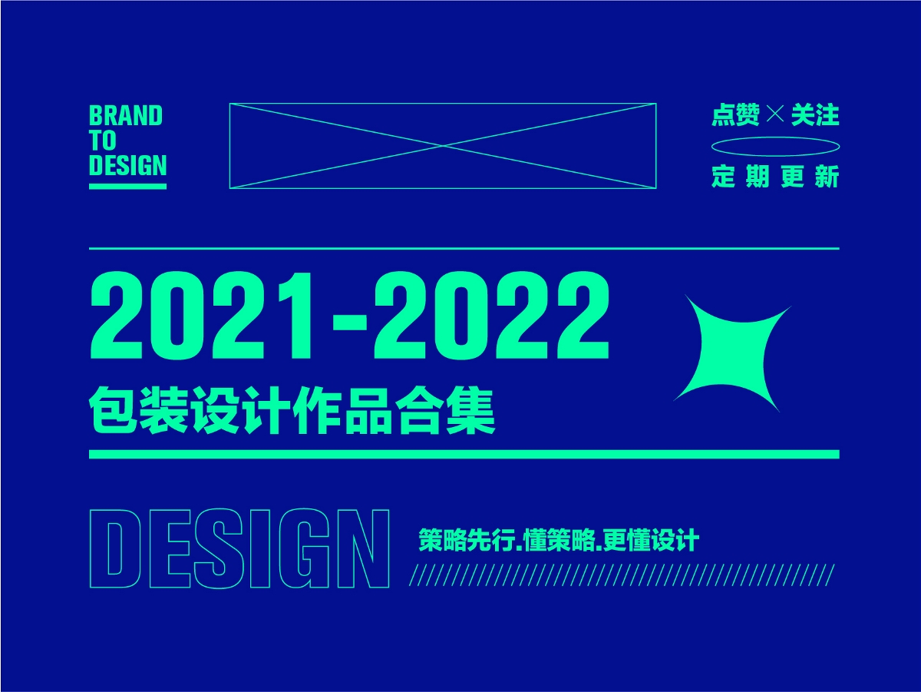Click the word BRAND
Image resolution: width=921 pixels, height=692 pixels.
[x=126, y=116]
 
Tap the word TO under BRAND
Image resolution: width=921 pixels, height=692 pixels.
[x=102, y=141]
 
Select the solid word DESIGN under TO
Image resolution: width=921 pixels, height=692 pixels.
[x=127, y=166]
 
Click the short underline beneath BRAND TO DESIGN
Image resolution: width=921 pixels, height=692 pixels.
[x=127, y=185]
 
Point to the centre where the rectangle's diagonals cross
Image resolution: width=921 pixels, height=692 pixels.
[x=443, y=145]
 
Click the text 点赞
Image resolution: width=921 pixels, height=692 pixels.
[x=735, y=115]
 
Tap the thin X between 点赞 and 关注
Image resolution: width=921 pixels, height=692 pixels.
[x=775, y=115]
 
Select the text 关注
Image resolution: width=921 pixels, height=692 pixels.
[x=815, y=115]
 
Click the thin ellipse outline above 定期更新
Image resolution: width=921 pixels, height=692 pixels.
[x=775, y=147]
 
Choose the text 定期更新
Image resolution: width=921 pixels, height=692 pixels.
[x=775, y=177]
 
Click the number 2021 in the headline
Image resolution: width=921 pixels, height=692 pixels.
[x=200, y=316]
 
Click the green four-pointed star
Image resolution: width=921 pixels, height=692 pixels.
[x=731, y=352]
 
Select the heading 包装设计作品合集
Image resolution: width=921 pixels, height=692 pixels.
[x=292, y=413]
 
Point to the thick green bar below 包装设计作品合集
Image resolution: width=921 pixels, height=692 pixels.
[x=464, y=455]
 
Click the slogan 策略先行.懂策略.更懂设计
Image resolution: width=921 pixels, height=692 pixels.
[x=559, y=540]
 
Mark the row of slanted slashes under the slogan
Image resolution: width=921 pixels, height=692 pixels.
[x=622, y=575]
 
